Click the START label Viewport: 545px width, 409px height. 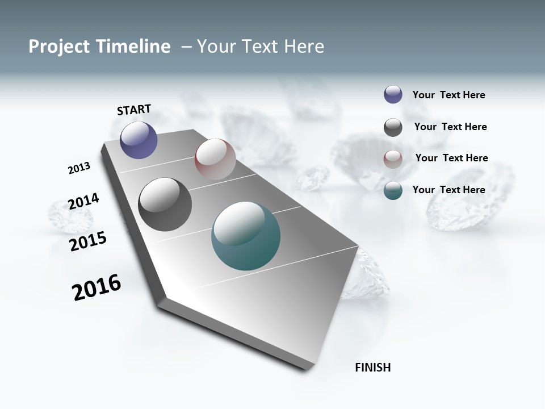pyautogui.click(x=134, y=110)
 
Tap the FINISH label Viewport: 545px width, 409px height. pyautogui.click(x=372, y=368)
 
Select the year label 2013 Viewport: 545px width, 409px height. pyautogui.click(x=79, y=168)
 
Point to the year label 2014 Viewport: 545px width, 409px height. pyautogui.click(x=83, y=201)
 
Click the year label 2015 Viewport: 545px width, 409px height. pyautogui.click(x=88, y=241)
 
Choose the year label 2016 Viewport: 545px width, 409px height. pyautogui.click(x=97, y=287)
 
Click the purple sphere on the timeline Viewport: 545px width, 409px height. pyautogui.click(x=139, y=140)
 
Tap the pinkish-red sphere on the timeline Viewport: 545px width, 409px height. pyautogui.click(x=215, y=158)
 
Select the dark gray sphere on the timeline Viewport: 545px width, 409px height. pyautogui.click(x=165, y=204)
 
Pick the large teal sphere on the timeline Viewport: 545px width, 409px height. pyautogui.click(x=246, y=236)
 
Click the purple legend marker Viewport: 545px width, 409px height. pyautogui.click(x=393, y=94)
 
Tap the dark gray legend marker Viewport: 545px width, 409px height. pyautogui.click(x=393, y=127)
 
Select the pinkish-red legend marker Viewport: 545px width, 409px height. pyautogui.click(x=393, y=159)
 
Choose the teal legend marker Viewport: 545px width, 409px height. pyautogui.click(x=393, y=190)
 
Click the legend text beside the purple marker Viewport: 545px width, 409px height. pyautogui.click(x=448, y=95)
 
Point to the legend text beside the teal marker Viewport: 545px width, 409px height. pyautogui.click(x=448, y=190)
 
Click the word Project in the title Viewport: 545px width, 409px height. pyautogui.click(x=60, y=47)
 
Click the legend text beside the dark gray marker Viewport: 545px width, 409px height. pyautogui.click(x=450, y=127)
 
